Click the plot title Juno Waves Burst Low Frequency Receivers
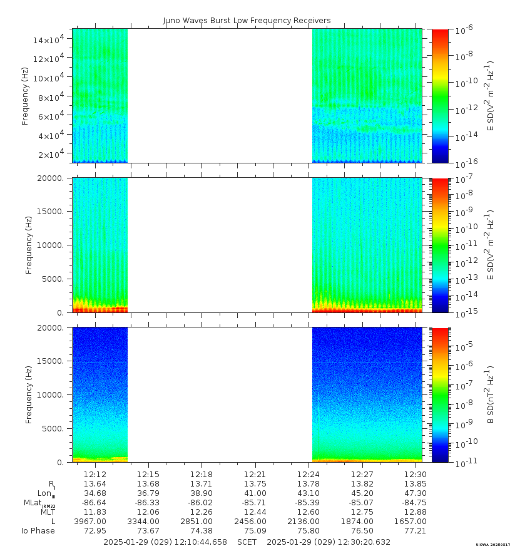point(247,21)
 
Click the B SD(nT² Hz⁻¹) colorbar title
point(491,394)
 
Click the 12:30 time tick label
point(416,474)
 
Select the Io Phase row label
point(39,531)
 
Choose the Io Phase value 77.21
point(416,531)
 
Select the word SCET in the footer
point(247,542)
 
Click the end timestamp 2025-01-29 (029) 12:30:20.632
point(329,542)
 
